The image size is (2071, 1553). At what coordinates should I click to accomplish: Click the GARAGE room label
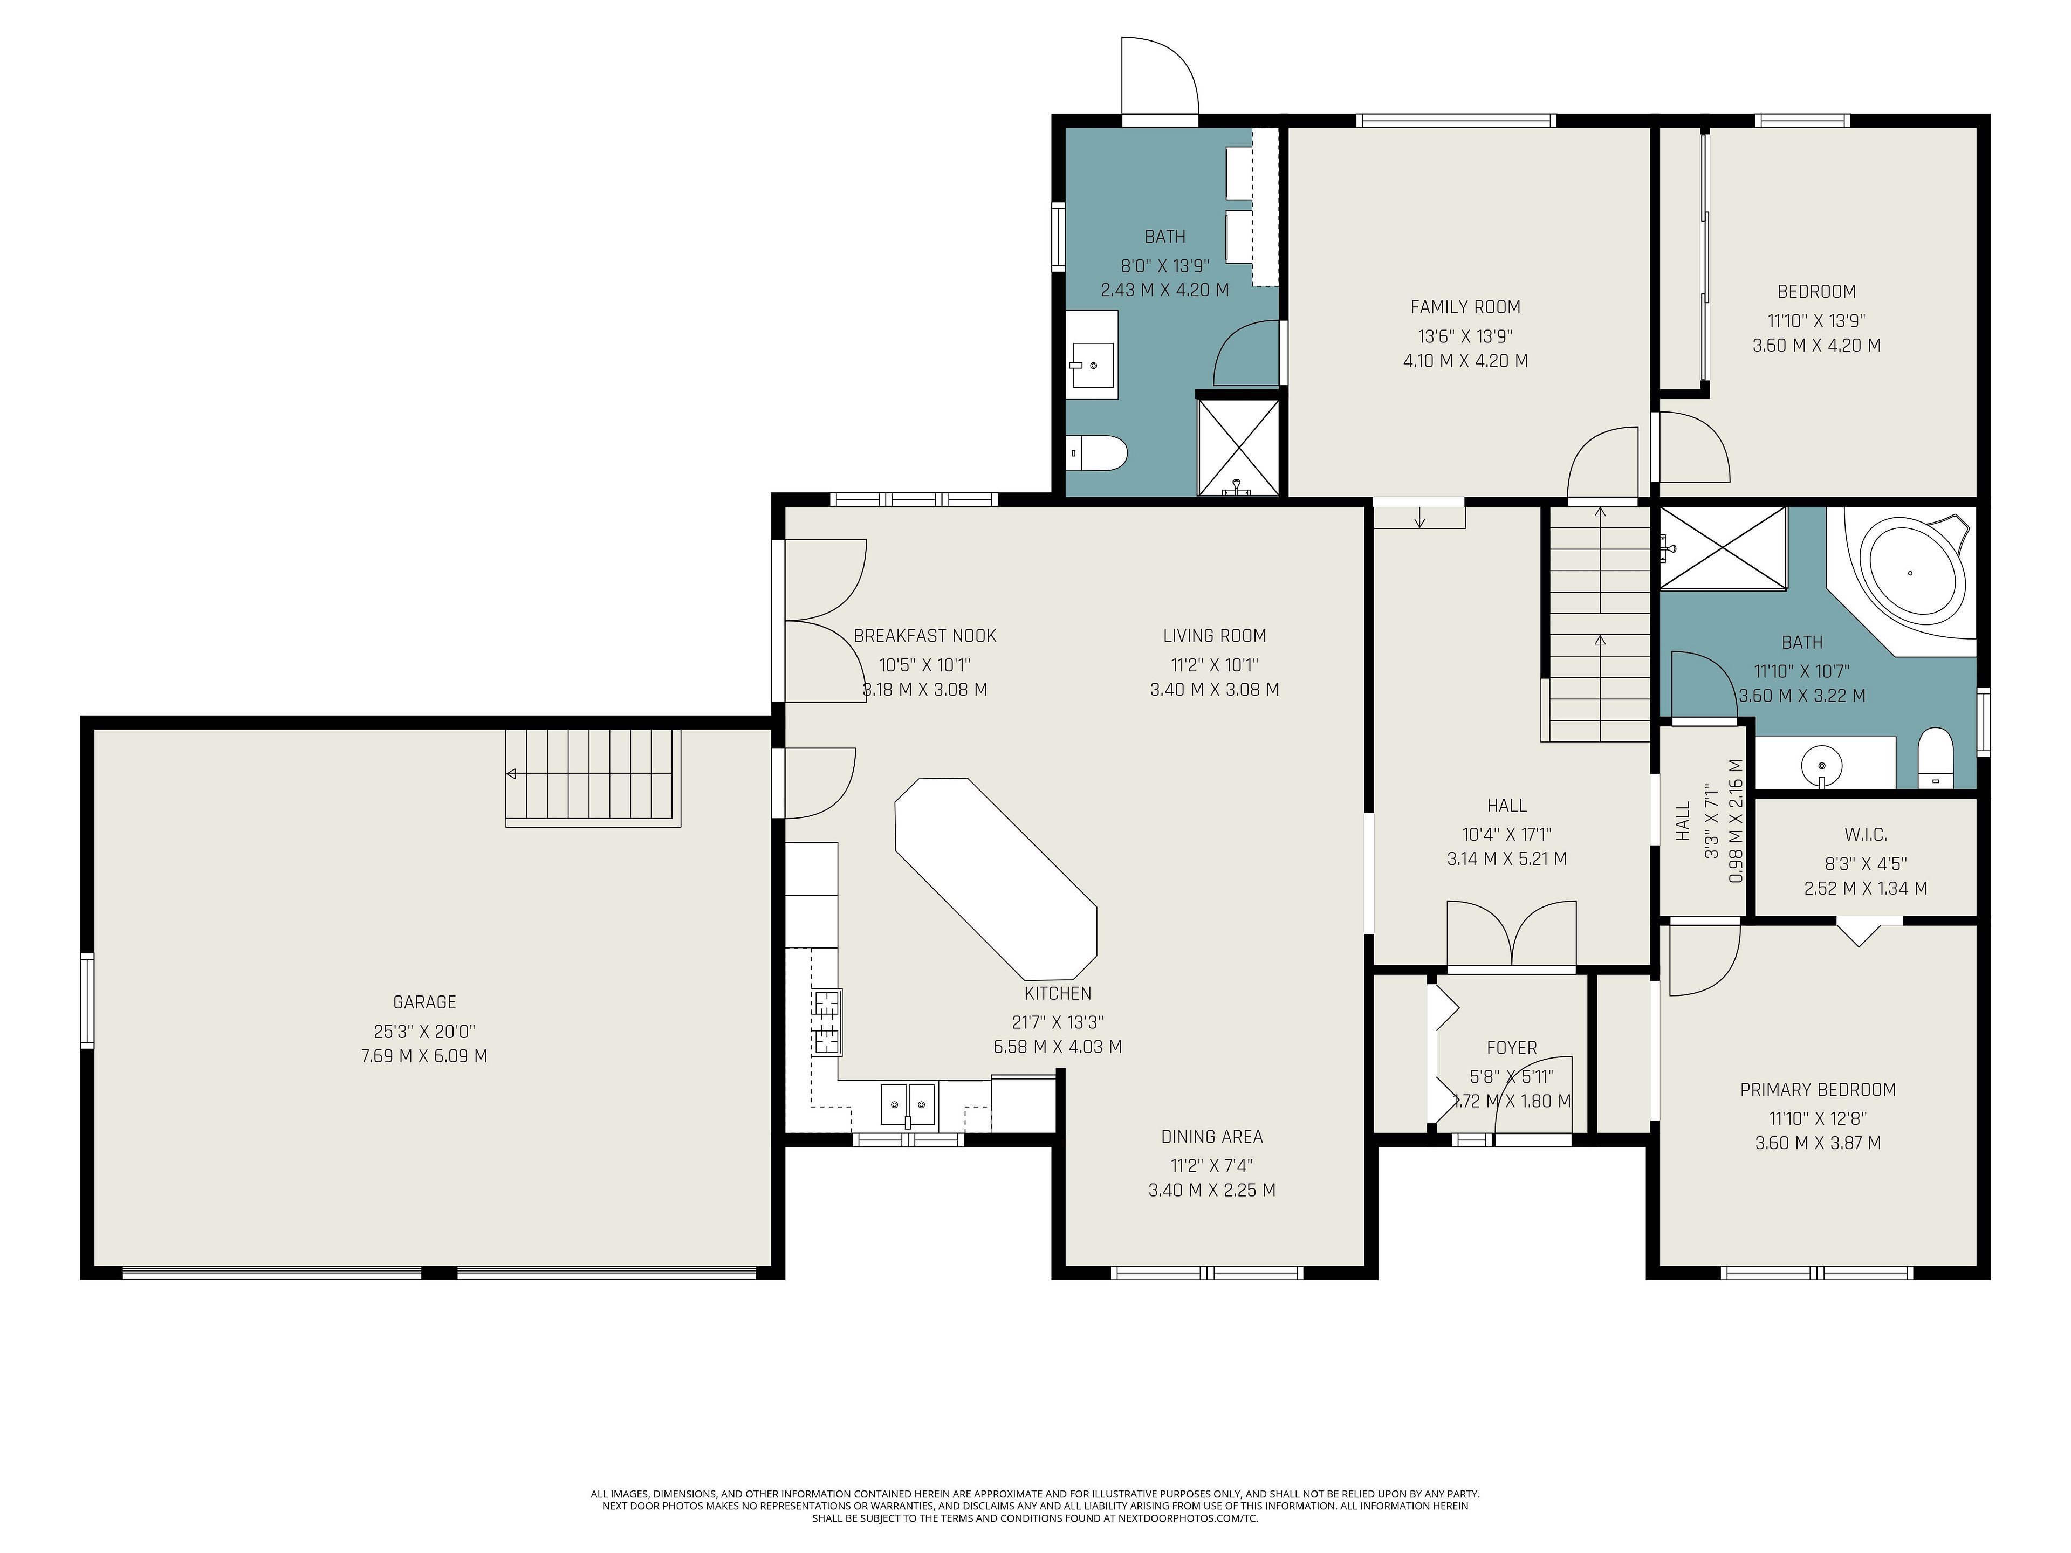click(x=424, y=1002)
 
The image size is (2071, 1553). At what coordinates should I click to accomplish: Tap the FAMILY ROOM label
click(x=1465, y=307)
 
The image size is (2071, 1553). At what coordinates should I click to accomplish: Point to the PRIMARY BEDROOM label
click(x=1818, y=1090)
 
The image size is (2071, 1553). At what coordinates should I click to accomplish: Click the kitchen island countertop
click(x=995, y=877)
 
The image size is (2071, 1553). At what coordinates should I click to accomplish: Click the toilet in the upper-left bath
click(x=1098, y=453)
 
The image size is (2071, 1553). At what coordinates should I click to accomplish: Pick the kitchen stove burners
click(x=827, y=1022)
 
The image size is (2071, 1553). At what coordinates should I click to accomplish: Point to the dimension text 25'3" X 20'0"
click(x=424, y=1032)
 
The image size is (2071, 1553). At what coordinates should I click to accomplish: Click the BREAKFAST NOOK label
click(x=925, y=636)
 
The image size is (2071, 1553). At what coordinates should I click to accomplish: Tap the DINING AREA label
click(x=1211, y=1136)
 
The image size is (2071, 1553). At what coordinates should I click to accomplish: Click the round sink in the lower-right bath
click(x=1821, y=764)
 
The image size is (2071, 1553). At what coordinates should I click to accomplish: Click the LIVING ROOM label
click(x=1215, y=636)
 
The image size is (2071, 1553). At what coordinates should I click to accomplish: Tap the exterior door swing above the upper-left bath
click(x=1160, y=76)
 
